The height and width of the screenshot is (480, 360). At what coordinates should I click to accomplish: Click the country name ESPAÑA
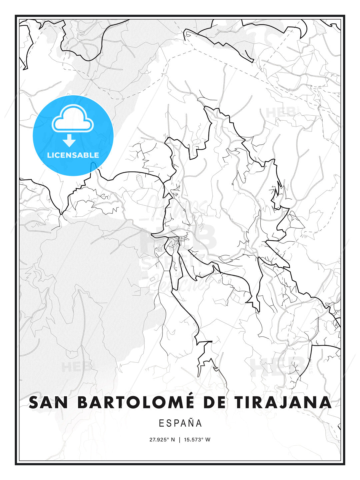click(x=180, y=423)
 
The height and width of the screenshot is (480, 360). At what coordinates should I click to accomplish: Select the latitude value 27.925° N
click(x=162, y=439)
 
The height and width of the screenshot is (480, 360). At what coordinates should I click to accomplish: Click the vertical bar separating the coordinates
click(x=180, y=439)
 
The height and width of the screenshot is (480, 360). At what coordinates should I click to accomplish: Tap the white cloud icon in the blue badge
click(x=73, y=119)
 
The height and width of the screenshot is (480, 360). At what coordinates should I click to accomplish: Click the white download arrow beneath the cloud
click(x=69, y=141)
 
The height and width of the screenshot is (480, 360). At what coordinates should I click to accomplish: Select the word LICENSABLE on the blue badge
click(x=73, y=155)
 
